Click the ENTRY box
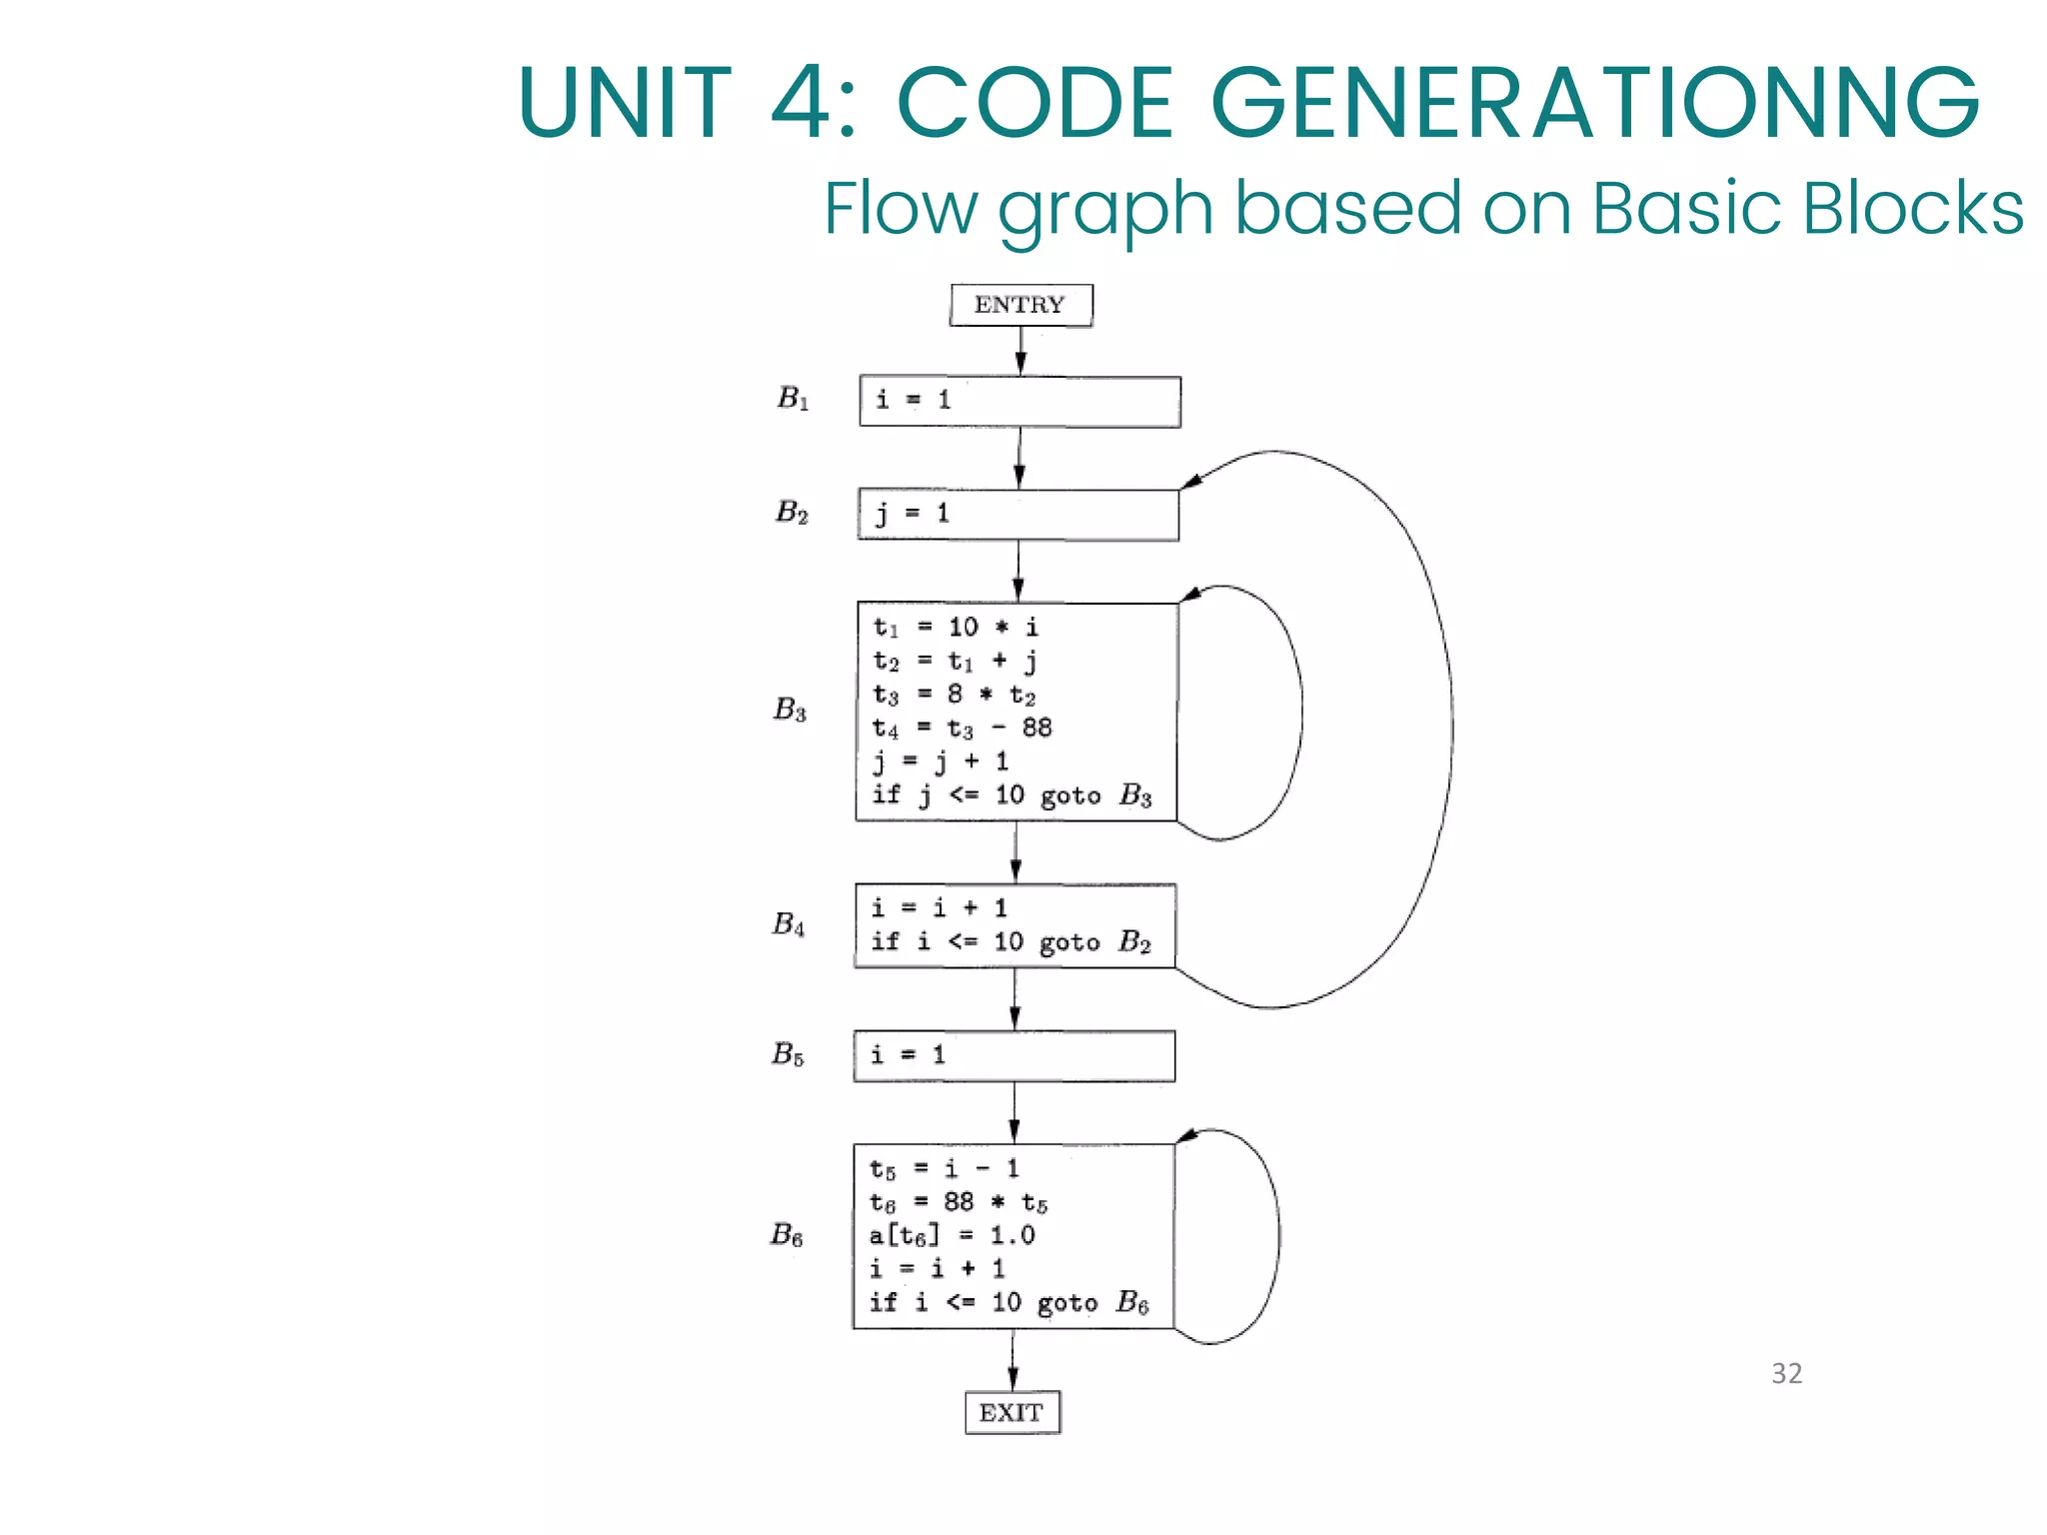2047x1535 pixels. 1021,305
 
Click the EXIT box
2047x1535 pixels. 1012,1412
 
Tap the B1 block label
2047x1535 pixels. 793,399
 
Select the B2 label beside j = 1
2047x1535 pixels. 792,513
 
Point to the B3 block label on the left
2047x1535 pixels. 790,710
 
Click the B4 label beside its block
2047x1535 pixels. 789,924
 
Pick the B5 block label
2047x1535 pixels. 788,1054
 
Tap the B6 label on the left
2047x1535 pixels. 787,1235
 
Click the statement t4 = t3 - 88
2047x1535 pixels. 962,729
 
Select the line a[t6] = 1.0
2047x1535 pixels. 952,1235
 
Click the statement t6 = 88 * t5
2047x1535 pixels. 958,1202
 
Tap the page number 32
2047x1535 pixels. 1786,1373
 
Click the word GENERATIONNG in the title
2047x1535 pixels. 1594,103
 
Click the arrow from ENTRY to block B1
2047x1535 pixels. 1021,351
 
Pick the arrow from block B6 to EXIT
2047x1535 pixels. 1013,1360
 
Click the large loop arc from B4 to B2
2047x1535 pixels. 1451,730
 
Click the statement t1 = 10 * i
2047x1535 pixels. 956,628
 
